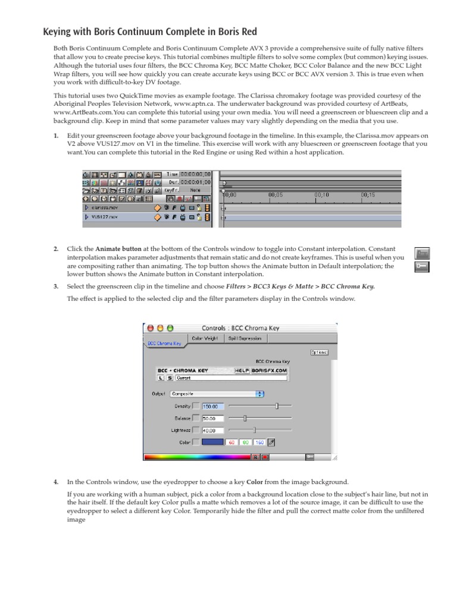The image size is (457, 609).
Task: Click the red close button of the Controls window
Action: (150, 328)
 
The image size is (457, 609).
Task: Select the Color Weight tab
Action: (204, 338)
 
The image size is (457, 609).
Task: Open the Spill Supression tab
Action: (245, 338)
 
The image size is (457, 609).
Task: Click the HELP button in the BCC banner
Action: (242, 369)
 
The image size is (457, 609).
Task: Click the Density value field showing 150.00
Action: (213, 406)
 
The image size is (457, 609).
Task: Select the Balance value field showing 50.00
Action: (213, 418)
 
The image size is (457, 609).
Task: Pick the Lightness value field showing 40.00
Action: (213, 430)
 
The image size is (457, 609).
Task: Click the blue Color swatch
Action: (212, 442)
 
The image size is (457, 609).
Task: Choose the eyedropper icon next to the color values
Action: (272, 442)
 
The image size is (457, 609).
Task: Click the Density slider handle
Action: (277, 406)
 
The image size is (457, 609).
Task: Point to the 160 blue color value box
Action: (259, 442)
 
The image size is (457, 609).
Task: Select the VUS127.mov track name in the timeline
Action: (105, 218)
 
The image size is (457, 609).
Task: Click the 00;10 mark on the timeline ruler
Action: (321, 194)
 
